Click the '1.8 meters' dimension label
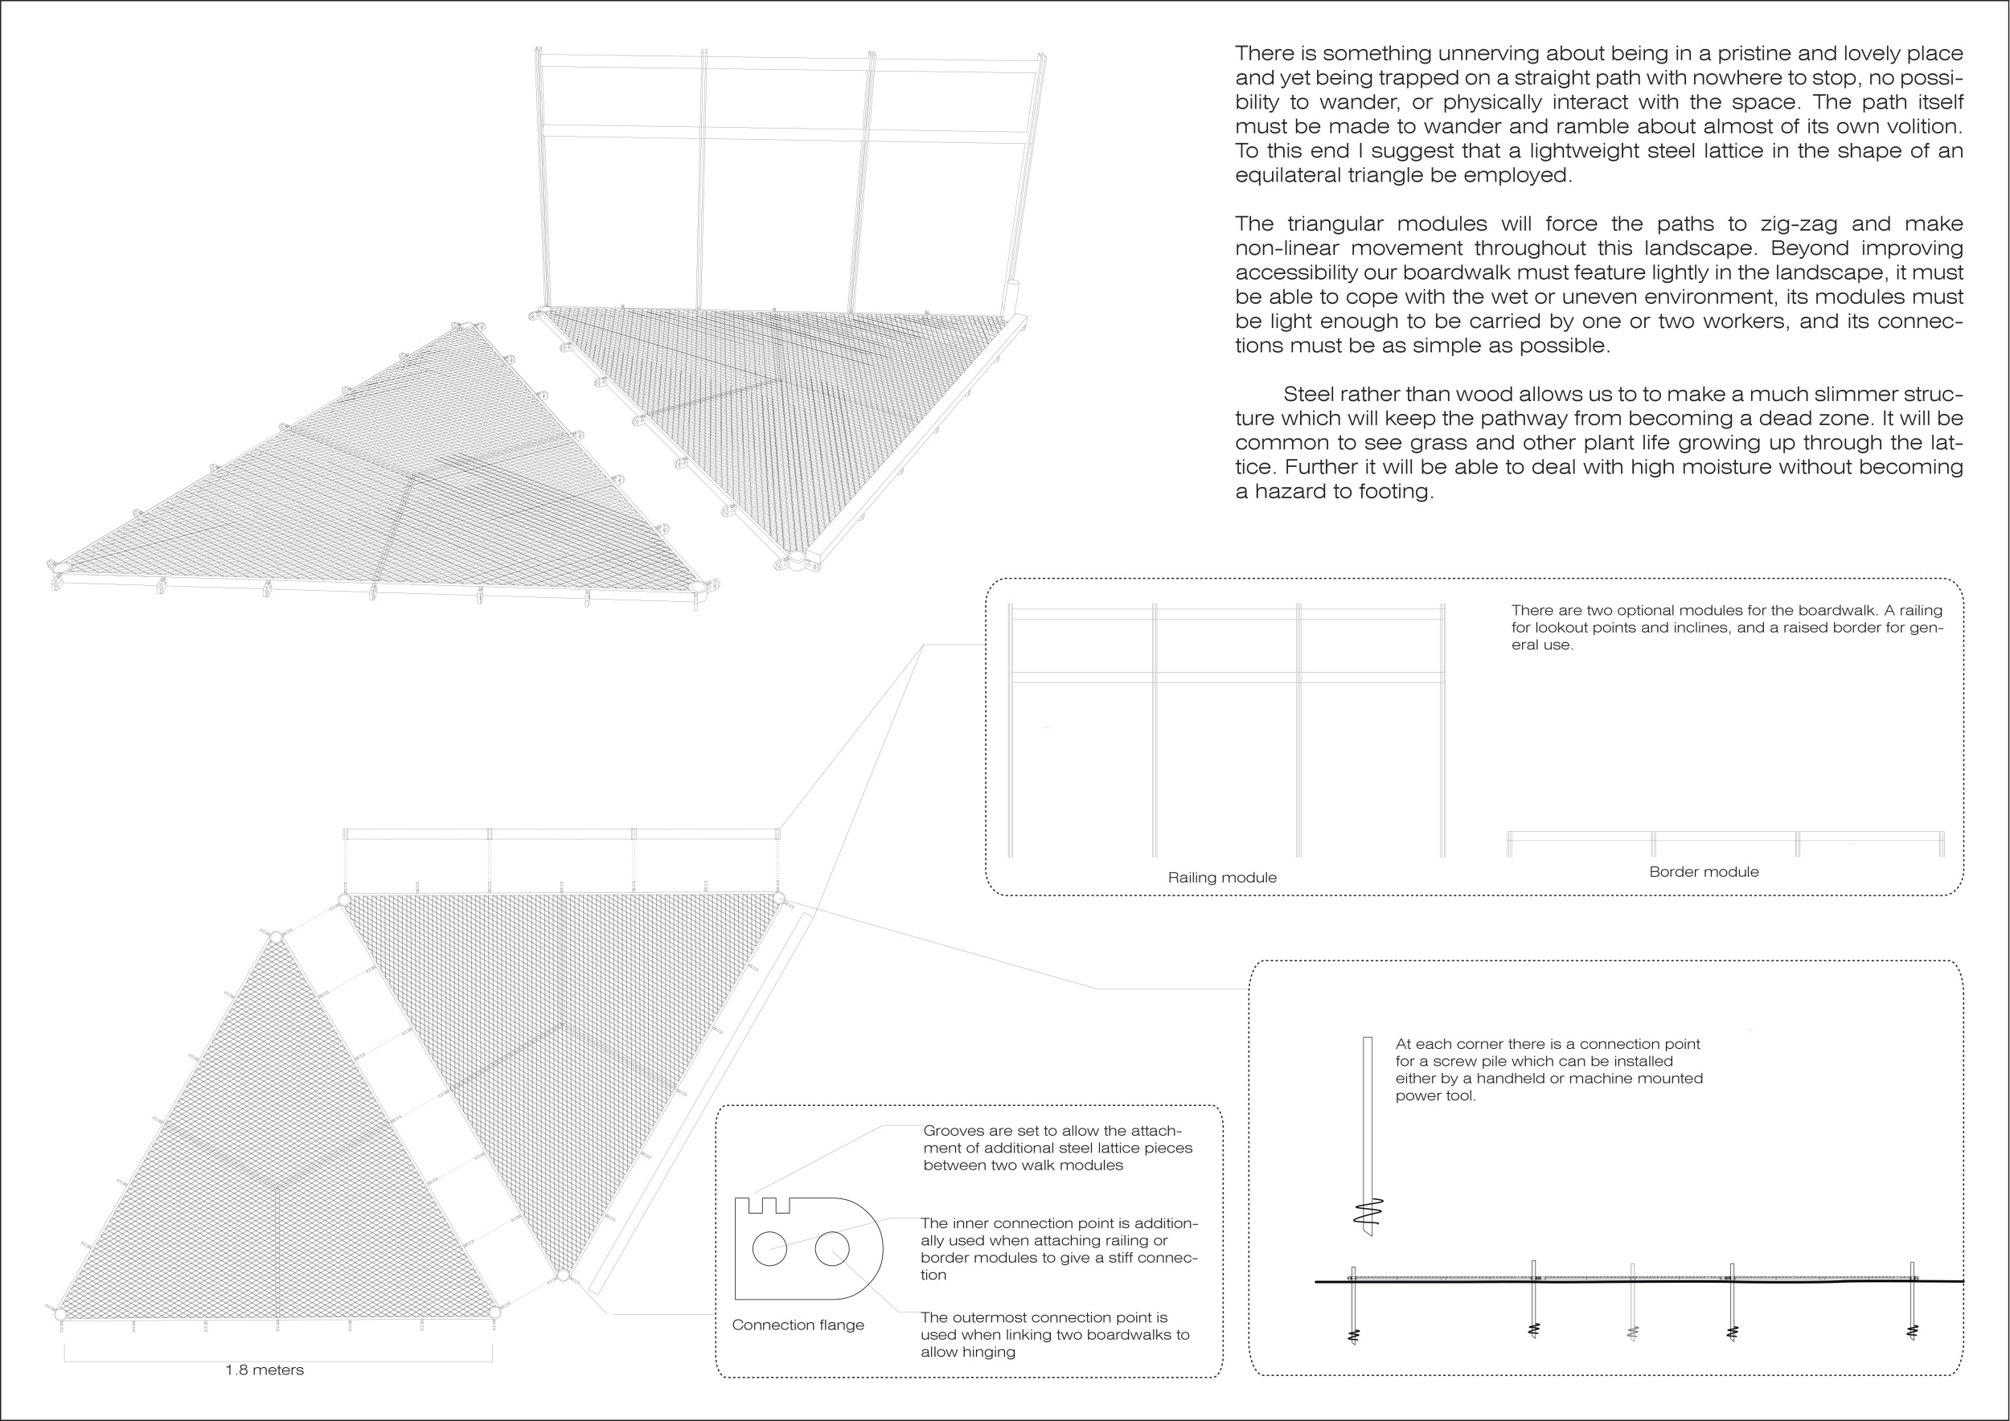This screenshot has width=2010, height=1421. click(x=265, y=1370)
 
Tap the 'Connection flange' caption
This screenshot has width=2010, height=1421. click(x=798, y=1325)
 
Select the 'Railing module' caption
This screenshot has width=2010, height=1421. click(x=1222, y=878)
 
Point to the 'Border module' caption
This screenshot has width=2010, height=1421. click(x=1704, y=871)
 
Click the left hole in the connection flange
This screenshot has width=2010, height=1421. click(x=769, y=1247)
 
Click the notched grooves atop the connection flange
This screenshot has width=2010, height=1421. click(x=770, y=1205)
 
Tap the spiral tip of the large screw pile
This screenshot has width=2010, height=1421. click(x=1368, y=1213)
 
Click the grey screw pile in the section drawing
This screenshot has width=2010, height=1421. click(x=1632, y=1303)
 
